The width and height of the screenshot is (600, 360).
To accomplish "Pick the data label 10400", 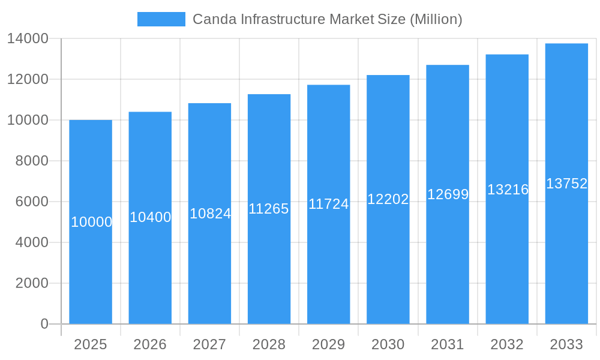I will pos(151,217).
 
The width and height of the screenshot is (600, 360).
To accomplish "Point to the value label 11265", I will pos(269,209).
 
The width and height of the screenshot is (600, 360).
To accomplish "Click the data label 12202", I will pos(388,199).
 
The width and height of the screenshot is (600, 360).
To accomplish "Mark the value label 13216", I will pos(508,190).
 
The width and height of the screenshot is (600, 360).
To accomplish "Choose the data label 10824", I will pos(210,213).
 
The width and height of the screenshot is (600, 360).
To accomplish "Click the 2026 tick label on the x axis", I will pos(150,344).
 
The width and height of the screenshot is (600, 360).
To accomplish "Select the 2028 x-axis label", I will pos(269,344).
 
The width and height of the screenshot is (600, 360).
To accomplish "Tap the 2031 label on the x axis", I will pos(448,344).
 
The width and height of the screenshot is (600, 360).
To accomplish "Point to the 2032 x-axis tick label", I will pos(507,344).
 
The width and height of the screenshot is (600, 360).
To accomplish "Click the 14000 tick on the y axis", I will pos(28,39).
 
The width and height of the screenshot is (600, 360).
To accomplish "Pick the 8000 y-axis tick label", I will pos(32,161).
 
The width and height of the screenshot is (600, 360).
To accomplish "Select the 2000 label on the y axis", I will pos(32,283).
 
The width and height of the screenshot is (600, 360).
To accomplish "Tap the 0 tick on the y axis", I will pos(44,324).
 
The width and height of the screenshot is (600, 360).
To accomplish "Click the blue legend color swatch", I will pos(161,19).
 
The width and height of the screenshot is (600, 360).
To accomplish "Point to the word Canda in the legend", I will pos(214,19).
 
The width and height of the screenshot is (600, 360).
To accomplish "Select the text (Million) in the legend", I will pos(436,19).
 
